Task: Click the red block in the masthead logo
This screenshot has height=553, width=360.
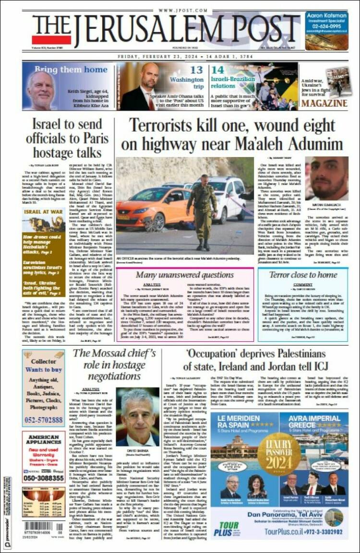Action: pos(51,39)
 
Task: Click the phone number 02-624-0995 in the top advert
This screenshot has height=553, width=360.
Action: pos(326,27)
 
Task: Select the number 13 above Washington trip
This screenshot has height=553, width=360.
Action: pos(196,70)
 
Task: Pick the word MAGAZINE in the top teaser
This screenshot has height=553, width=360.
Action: pos(325,103)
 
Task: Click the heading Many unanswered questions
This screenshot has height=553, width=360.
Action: pos(185,275)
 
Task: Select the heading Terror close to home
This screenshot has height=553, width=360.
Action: pos(302,275)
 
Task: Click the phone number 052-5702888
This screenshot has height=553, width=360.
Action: pos(44,420)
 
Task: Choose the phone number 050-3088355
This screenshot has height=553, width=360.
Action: pos(44,478)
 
